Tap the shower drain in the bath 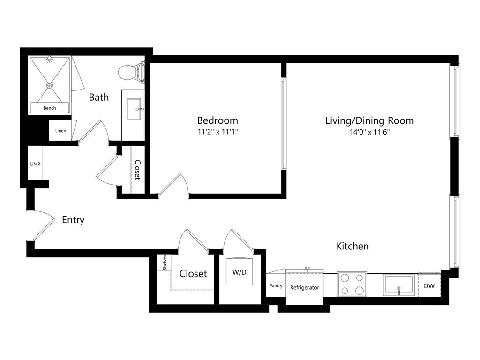click(50, 85)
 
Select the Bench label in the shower click(50, 108)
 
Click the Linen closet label click(60, 131)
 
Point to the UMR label click(35, 164)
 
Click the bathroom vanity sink click(134, 109)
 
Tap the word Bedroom click(217, 120)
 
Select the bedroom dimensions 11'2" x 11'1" click(217, 132)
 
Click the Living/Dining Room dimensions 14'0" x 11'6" click(369, 132)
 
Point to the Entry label click(73, 220)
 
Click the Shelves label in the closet click(165, 262)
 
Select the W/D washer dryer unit click(240, 272)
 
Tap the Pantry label click(276, 285)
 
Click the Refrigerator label click(305, 287)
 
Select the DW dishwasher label click(429, 286)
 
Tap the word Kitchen click(352, 246)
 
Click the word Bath click(99, 97)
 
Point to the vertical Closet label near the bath click(137, 170)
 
